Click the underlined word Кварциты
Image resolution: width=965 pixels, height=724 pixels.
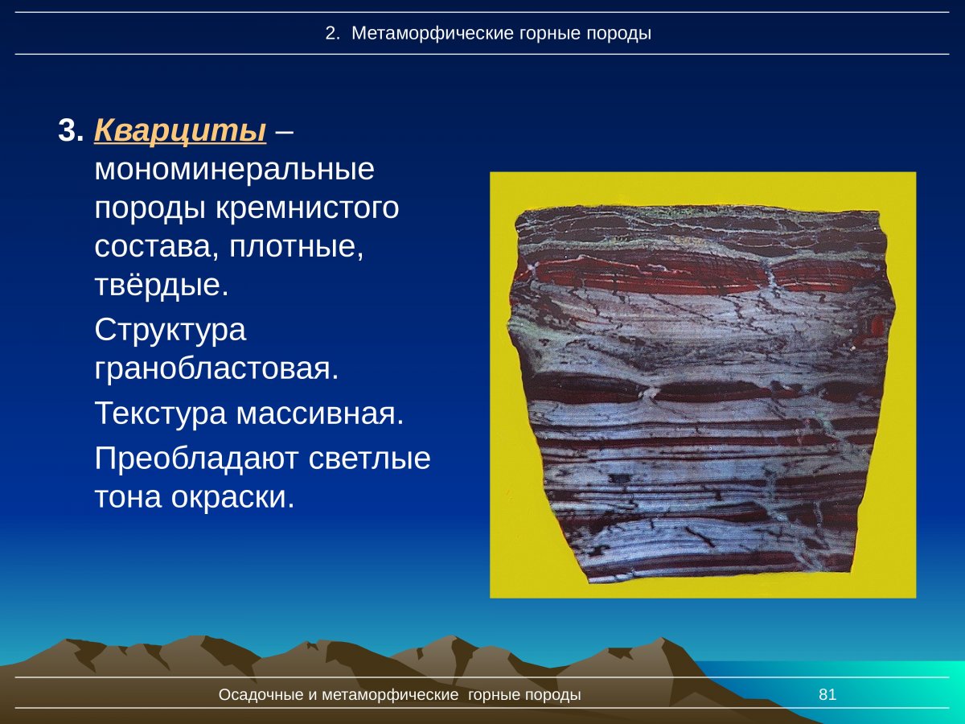[x=180, y=130]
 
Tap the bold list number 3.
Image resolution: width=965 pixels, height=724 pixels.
[x=70, y=130]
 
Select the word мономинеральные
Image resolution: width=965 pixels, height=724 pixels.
[x=234, y=170]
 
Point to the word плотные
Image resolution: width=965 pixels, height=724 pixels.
[x=297, y=246]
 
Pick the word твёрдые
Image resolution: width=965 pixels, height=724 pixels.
[x=162, y=285]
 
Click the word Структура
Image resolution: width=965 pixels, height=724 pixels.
[x=170, y=330]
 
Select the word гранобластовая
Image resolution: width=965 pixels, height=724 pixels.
[x=216, y=368]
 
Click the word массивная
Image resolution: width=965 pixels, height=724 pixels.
[x=319, y=414]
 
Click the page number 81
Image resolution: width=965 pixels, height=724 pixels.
[x=827, y=695]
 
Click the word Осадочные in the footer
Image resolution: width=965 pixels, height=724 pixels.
[x=261, y=695]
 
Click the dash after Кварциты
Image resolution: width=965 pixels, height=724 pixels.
[x=284, y=130]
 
